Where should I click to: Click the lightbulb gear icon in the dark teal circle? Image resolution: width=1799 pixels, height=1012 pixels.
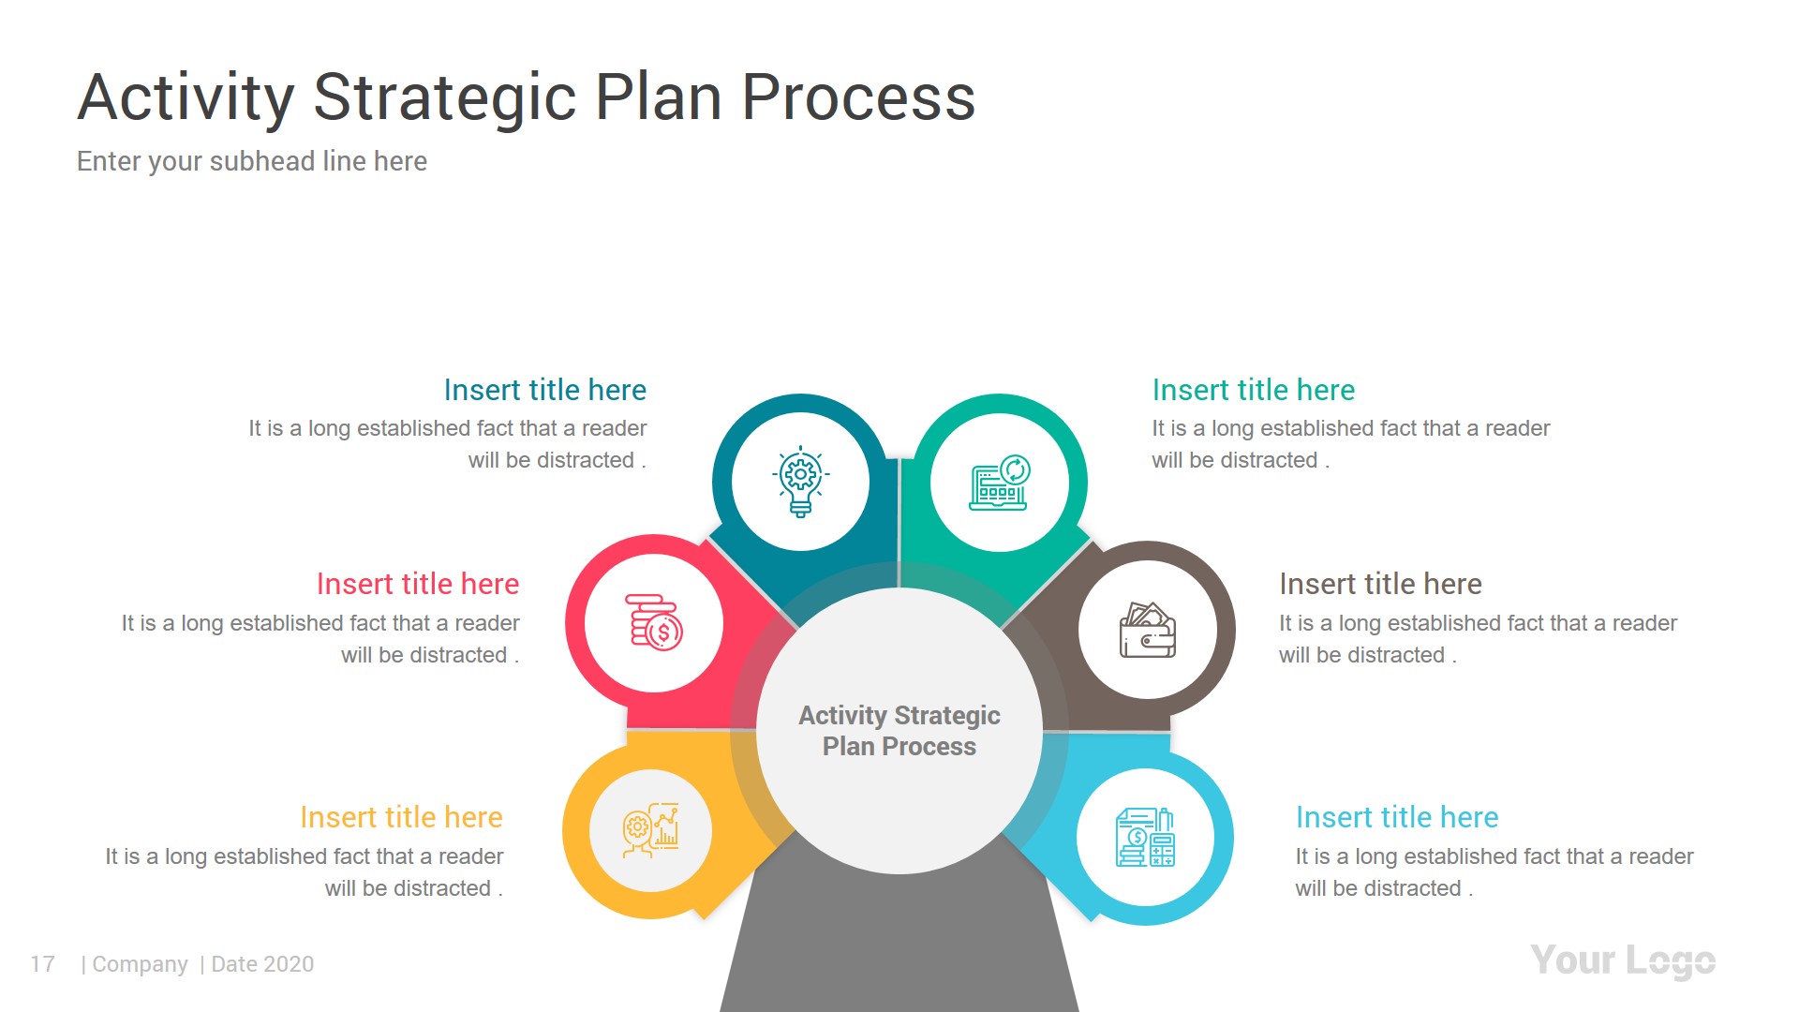pos(800,482)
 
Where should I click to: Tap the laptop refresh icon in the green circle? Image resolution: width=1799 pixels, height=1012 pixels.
pos(1000,483)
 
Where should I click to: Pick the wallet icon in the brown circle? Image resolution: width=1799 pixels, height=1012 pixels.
pos(1148,630)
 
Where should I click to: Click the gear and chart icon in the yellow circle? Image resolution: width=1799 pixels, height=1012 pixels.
pos(651,830)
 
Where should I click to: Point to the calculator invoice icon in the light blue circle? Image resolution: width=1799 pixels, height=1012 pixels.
pos(1145,837)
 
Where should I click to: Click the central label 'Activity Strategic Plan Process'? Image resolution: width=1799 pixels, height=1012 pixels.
pos(899,731)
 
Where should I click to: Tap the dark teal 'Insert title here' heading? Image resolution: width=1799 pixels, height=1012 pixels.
pos(544,390)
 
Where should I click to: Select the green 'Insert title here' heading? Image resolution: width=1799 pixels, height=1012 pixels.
pos(1253,390)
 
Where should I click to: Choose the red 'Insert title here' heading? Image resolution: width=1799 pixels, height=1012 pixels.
pos(417,584)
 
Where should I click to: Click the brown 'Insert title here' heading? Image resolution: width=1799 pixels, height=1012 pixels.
pos(1380,584)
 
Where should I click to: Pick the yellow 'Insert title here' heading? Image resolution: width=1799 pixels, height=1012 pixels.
pos(401,817)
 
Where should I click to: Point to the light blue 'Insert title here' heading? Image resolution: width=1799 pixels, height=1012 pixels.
pos(1396,817)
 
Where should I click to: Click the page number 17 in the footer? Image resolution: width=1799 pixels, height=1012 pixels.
pos(42,964)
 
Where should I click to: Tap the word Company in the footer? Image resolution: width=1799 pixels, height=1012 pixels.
pos(140,964)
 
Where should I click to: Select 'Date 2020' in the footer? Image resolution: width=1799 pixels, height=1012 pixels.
pos(262,964)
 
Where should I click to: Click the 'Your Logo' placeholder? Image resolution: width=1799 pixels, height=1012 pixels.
pos(1622,960)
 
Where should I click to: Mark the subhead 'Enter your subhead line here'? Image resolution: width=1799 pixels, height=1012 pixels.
pos(251,161)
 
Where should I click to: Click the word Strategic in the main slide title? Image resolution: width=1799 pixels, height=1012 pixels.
pos(444,97)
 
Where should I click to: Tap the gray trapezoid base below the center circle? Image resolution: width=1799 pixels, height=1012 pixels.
pos(899,946)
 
